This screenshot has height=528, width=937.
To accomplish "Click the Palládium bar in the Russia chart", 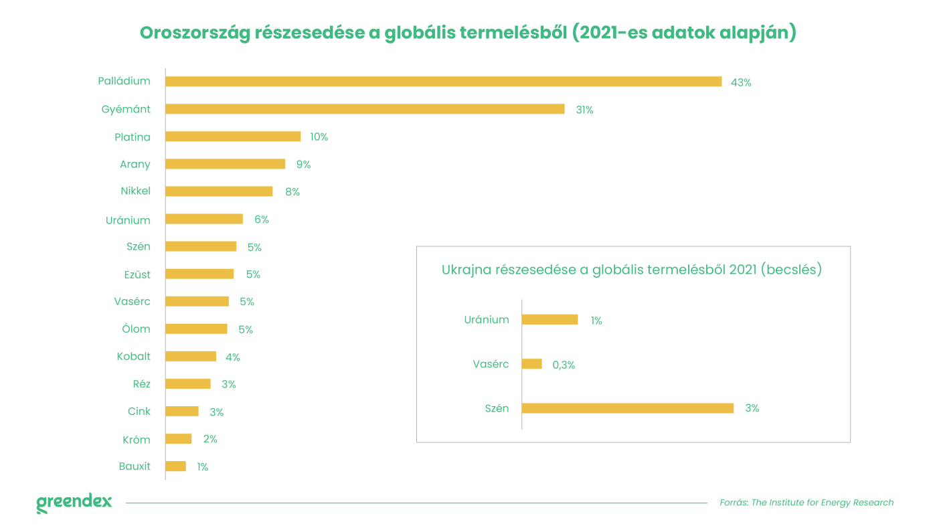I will pyautogui.click(x=443, y=82).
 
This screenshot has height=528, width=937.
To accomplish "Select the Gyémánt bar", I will pyautogui.click(x=365, y=109).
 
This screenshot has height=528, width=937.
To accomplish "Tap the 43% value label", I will pyautogui.click(x=741, y=82).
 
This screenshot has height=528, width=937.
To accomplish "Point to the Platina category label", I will pyautogui.click(x=133, y=137).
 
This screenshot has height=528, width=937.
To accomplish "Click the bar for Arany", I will pyautogui.click(x=225, y=164).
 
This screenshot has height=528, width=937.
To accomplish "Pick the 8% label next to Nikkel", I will pyautogui.click(x=292, y=192).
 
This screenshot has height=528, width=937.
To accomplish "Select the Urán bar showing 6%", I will pyautogui.click(x=204, y=219).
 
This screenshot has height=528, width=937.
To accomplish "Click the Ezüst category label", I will pyautogui.click(x=137, y=274).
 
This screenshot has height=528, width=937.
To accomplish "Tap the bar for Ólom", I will pyautogui.click(x=196, y=329).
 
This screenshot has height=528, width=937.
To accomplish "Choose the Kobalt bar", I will pyautogui.click(x=191, y=357).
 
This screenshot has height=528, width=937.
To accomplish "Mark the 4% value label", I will pyautogui.click(x=233, y=357).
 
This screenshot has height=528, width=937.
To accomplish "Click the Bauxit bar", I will pyautogui.click(x=175, y=466).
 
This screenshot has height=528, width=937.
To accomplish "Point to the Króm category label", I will pyautogui.click(x=136, y=440).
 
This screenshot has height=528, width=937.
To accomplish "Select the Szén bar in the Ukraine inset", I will pyautogui.click(x=627, y=408).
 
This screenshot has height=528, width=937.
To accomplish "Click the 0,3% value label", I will pyautogui.click(x=564, y=365).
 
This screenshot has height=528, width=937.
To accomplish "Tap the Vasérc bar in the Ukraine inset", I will pyautogui.click(x=531, y=364).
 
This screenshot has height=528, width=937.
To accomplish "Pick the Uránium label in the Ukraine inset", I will pyautogui.click(x=487, y=320).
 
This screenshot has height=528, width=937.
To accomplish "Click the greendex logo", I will pyautogui.click(x=74, y=503).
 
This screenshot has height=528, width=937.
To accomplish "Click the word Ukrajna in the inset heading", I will pyautogui.click(x=466, y=270).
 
